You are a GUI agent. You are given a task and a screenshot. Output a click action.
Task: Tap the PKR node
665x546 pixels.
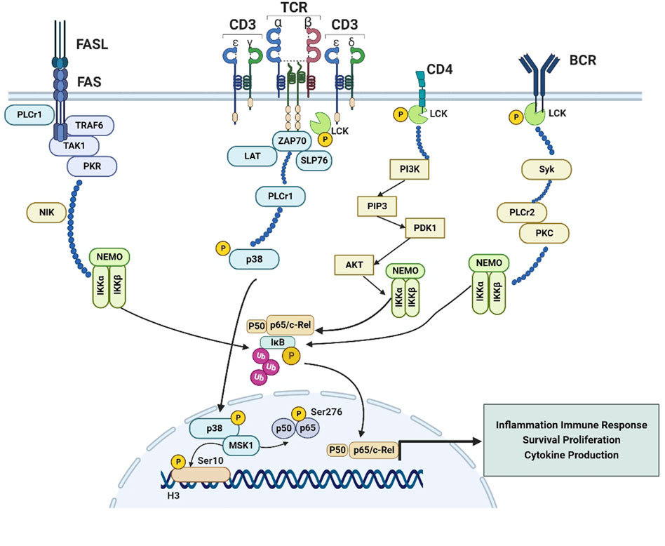coord(91,166)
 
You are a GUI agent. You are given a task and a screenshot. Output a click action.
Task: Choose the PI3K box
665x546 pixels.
coord(410,170)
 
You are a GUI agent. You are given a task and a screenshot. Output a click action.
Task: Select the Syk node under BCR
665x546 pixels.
coord(546,169)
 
